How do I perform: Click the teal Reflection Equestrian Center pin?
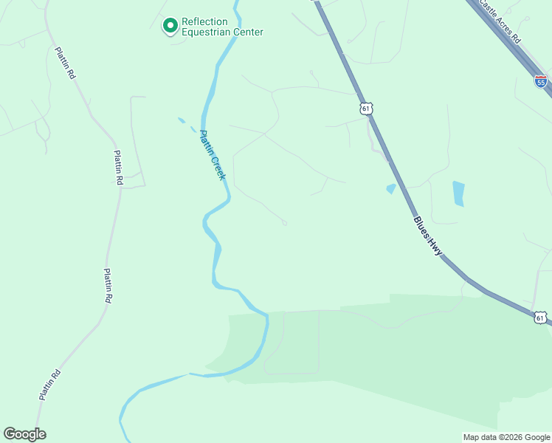(170, 26)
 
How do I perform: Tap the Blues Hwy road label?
(428, 236)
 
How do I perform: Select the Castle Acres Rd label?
(500, 21)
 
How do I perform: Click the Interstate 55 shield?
(541, 81)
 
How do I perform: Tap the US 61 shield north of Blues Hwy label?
(366, 109)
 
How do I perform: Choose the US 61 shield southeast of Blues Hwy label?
(541, 317)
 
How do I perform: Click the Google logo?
(24, 434)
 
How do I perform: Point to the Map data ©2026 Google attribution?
(506, 437)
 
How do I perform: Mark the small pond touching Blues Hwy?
(391, 189)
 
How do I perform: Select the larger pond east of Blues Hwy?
(458, 193)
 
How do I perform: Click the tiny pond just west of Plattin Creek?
(182, 120)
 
